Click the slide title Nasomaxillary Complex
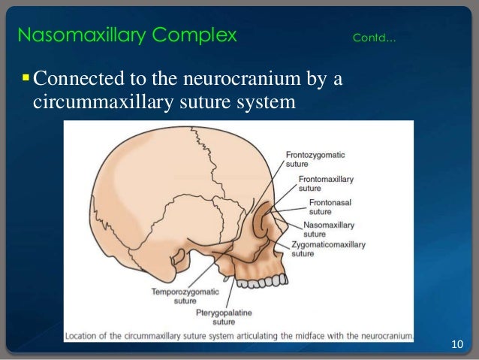tap(127, 35)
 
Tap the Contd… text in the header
tap(373, 38)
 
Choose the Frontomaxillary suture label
tap(325, 184)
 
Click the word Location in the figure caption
tap(83, 335)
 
